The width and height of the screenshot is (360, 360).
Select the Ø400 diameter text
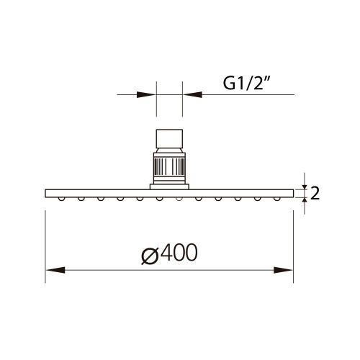point(168,253)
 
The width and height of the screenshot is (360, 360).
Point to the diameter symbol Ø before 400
point(148,253)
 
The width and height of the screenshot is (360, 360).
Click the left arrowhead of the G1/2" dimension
point(151,94)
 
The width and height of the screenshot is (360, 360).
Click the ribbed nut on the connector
point(170,167)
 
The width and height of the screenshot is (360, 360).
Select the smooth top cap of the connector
point(170,138)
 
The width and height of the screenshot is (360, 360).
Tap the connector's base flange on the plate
point(170,186)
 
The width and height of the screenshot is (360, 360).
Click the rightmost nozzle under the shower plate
point(276,197)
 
